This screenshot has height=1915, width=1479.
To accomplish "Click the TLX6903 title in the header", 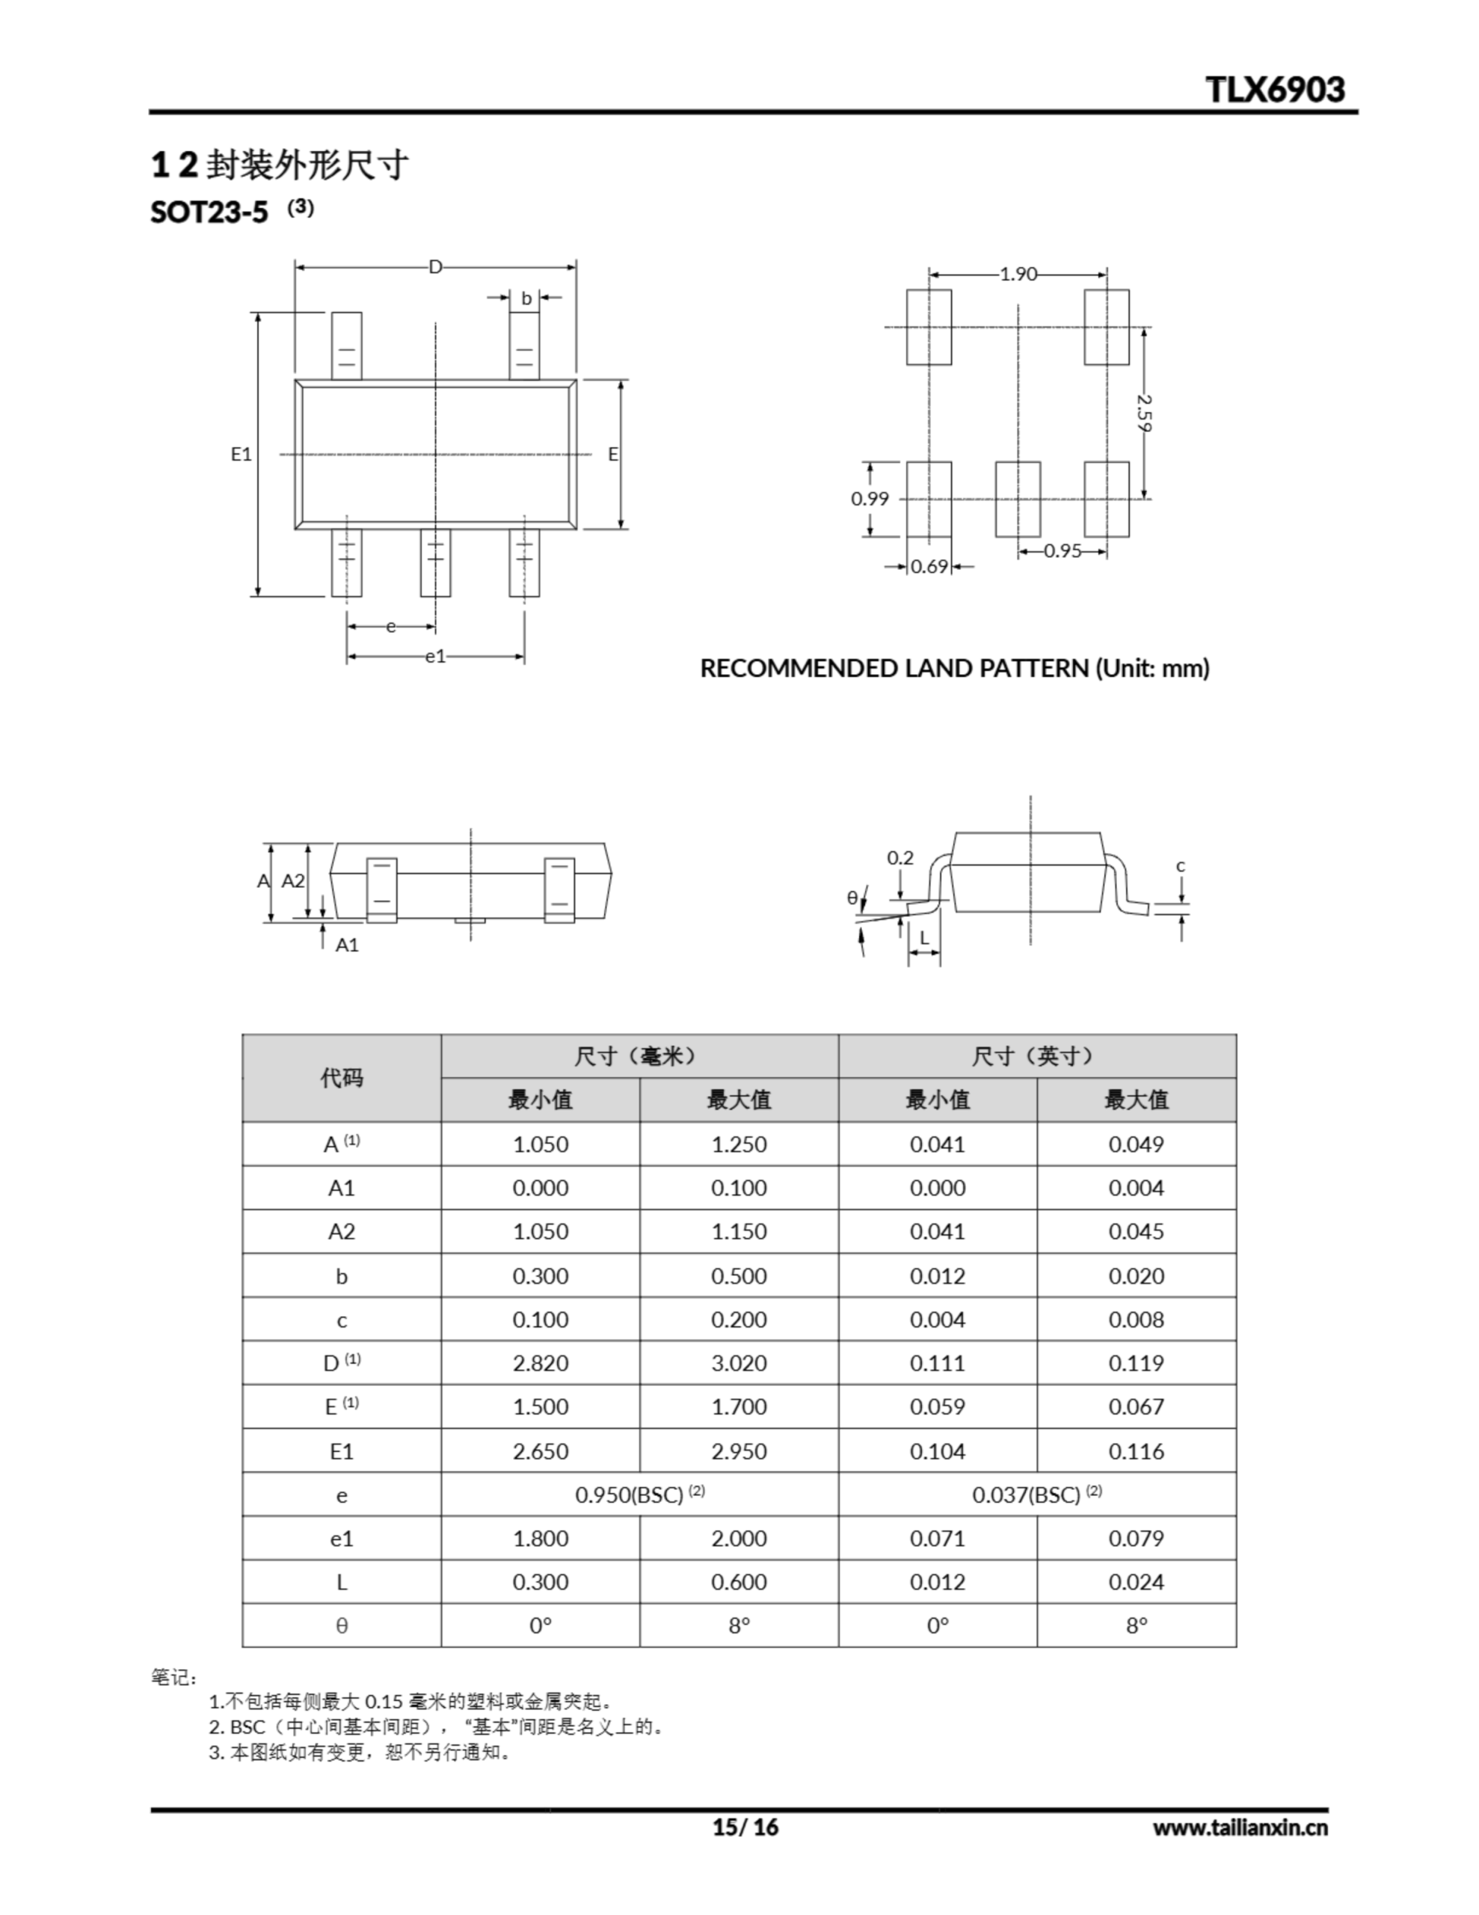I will [x=1274, y=90].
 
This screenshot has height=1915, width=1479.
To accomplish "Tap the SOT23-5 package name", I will [x=209, y=212].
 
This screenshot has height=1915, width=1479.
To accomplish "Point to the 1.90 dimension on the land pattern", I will [x=1018, y=275].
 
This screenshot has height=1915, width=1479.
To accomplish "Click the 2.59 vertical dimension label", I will [x=1143, y=412].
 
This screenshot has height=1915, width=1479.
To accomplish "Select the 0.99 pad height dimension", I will [x=870, y=499].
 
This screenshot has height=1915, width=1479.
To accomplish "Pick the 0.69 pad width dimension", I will [x=929, y=566].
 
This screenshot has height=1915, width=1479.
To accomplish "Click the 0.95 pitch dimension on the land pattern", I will [x=1063, y=551].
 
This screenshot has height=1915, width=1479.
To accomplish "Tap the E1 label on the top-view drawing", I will [x=241, y=454].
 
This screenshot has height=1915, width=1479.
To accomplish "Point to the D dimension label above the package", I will [x=435, y=266].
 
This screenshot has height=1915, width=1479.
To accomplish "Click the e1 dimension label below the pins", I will [x=435, y=656].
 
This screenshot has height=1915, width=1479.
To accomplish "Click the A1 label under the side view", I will [x=347, y=944].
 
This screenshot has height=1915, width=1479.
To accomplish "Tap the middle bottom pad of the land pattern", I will [x=1018, y=499].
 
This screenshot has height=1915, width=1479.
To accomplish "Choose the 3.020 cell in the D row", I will [x=738, y=1363].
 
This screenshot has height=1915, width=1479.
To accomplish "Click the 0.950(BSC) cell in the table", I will [x=639, y=1494].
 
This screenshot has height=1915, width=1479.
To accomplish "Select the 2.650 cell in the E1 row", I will [x=540, y=1450].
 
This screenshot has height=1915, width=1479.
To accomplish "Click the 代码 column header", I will [x=341, y=1078].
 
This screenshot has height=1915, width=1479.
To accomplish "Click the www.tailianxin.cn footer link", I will [x=1240, y=1827].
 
